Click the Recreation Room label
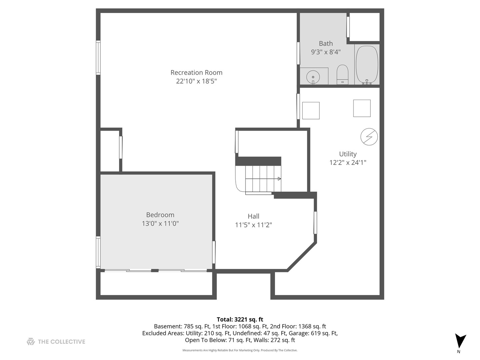pos(196,72)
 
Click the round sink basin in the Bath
pos(313,77)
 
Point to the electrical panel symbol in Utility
pos(369,137)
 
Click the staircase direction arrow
pos(279,179)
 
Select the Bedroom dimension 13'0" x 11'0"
pos(160,223)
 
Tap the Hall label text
pos(253,216)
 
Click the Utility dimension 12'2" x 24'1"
pos(348,162)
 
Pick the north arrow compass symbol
pos(460,341)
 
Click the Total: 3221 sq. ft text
pos(240,319)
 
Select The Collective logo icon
pos(31,341)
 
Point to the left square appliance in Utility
pos(311,110)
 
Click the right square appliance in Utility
pos(362,108)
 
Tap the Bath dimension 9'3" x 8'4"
pos(326,52)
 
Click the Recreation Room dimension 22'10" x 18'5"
pos(196,81)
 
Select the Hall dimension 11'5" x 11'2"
pos(253,225)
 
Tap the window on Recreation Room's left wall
pos(98,57)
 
